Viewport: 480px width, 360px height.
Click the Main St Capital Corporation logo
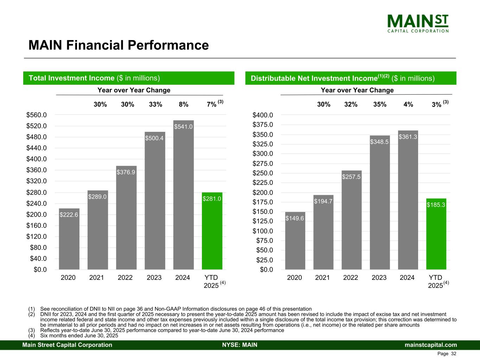418,23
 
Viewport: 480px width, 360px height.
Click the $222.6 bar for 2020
69,239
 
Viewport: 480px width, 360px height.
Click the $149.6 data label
295,218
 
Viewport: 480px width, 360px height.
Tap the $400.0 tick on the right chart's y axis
263,115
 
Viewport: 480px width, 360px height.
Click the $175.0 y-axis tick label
263,202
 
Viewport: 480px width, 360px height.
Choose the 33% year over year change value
155,104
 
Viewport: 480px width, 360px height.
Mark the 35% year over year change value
380,104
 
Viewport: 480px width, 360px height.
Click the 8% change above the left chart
184,104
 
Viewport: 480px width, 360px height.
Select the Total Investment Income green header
129,78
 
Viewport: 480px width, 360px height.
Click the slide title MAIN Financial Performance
119,45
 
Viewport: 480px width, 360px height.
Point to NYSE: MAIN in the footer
240,345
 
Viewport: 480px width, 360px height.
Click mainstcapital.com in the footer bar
431,345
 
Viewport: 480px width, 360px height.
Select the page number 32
453,354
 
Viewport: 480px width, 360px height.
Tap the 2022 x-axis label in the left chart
125,278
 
